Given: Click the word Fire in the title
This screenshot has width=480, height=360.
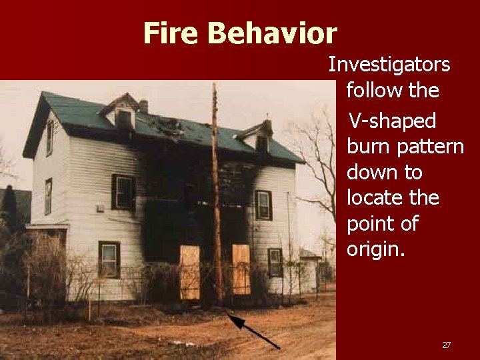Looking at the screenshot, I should coord(171,33).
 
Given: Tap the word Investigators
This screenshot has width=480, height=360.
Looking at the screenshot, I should coord(389,65).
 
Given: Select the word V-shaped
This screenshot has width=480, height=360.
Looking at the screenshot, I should coord(393,121).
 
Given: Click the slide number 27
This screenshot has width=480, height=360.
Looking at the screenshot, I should coord(446,345).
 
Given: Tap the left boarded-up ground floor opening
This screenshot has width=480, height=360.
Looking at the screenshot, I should coord(189,272).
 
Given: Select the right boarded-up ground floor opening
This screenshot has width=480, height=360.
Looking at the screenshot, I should coord(241,269).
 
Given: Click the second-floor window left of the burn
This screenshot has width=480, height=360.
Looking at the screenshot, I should coord(123,191).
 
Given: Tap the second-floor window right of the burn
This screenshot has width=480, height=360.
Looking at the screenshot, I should coord(263,205).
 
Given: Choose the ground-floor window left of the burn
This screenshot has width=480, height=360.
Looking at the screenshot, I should coord(109,259).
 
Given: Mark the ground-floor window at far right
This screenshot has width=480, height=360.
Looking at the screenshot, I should coord(275,262).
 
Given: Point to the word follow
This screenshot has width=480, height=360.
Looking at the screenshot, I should coord(371,90).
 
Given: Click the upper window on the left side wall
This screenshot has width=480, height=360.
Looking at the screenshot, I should coord(49,137).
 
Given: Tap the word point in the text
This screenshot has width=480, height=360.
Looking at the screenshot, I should coord(368,224).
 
